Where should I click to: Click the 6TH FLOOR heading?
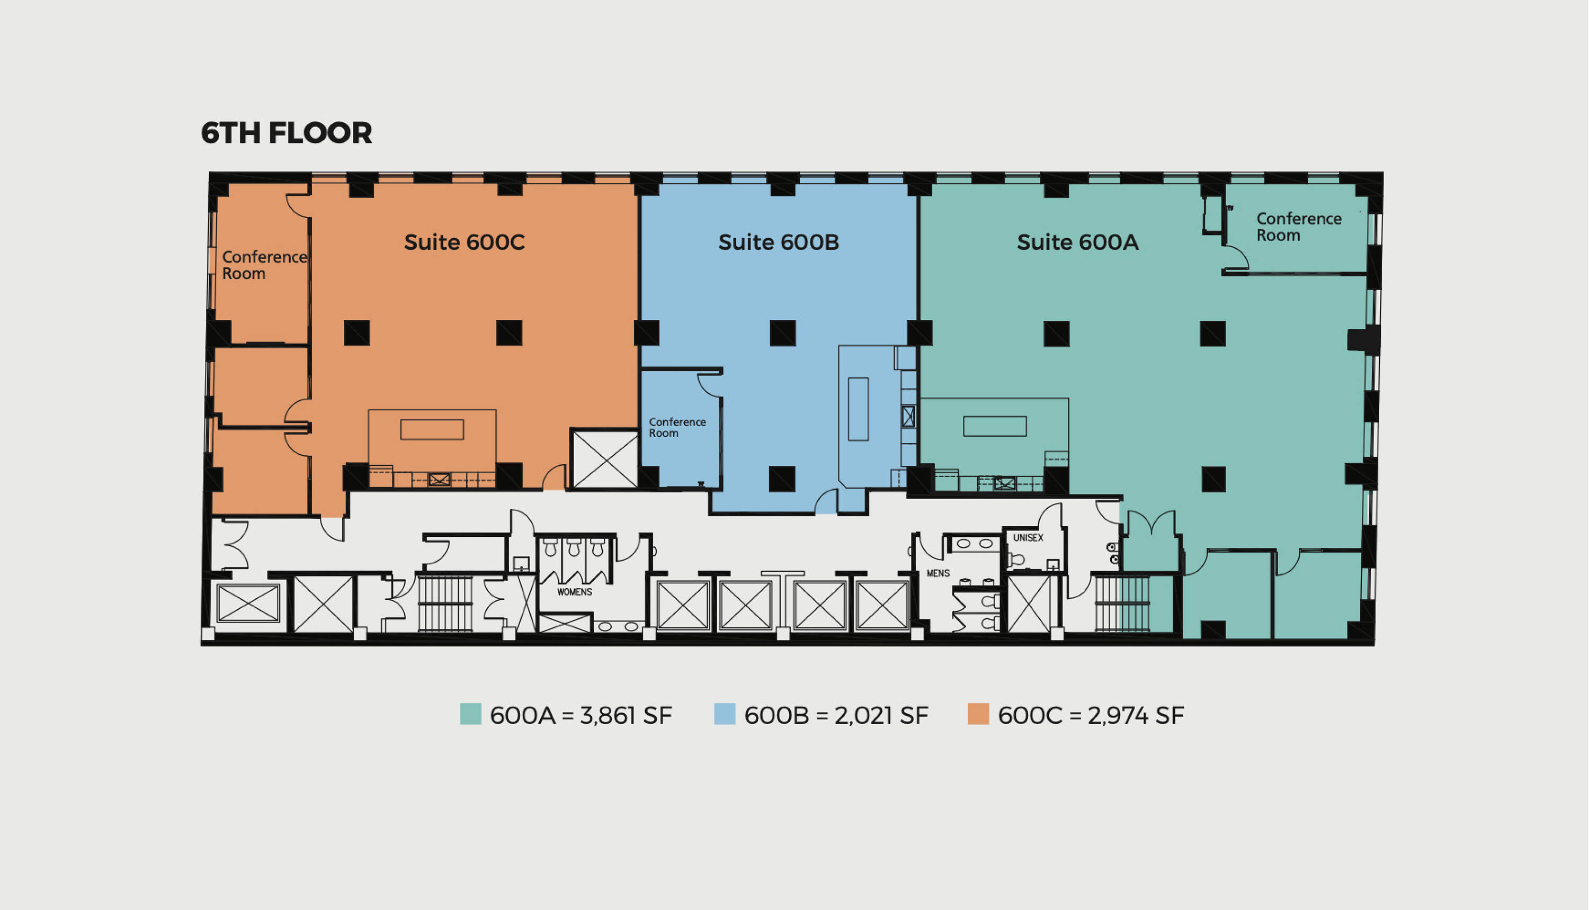[287, 133]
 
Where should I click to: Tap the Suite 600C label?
[464, 242]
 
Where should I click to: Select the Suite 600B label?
[778, 242]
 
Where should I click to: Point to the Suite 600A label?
[1077, 242]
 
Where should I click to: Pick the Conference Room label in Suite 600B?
[677, 428]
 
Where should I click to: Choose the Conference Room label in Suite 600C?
[264, 265]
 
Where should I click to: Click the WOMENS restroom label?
[575, 592]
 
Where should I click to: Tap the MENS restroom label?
[938, 573]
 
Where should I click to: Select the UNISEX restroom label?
[1028, 537]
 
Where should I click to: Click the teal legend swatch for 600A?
[470, 714]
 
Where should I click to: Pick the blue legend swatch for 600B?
[725, 714]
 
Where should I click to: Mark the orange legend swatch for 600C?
[978, 714]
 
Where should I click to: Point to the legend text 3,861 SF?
[626, 716]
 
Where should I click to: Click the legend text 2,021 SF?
[881, 716]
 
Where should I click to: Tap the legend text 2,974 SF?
[1136, 716]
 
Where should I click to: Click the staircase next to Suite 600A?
[1122, 603]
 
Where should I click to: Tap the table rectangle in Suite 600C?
[432, 429]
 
